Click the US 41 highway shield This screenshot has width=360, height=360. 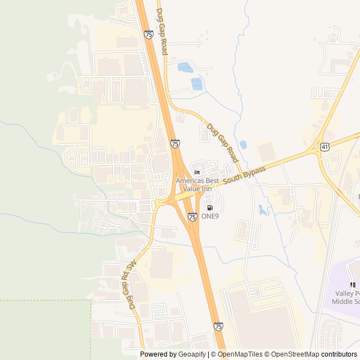tap(326, 147)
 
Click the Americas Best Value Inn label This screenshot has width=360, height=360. tap(197, 184)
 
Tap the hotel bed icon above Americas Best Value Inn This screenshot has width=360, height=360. tap(197, 172)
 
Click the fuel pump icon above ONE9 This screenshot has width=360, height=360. tap(210, 208)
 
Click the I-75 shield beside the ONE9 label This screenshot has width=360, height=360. tap(193, 216)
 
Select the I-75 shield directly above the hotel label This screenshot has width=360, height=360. tap(175, 144)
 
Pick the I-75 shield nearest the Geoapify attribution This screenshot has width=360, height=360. tap(218, 326)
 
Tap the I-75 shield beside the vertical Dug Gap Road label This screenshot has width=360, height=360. tap(148, 35)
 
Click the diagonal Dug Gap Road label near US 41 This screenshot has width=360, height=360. tap(223, 144)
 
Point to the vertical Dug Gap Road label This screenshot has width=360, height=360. tap(162, 31)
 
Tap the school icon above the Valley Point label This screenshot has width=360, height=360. tap(353, 285)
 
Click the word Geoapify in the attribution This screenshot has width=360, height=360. tap(192, 354)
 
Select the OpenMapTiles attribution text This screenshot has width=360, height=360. tap(238, 354)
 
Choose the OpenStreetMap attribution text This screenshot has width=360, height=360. tap(295, 354)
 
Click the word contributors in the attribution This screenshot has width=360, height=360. tap(340, 354)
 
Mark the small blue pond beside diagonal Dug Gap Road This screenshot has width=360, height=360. tap(243, 145)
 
